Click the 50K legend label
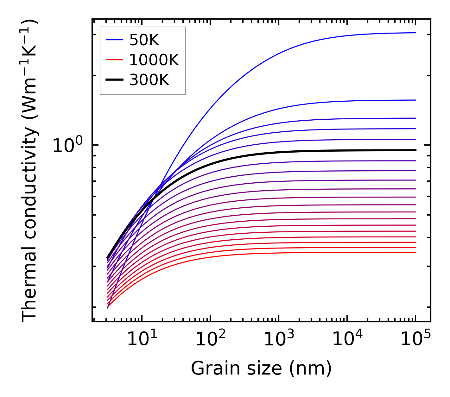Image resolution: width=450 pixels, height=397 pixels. tap(144, 40)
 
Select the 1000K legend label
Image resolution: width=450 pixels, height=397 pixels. tap(154, 60)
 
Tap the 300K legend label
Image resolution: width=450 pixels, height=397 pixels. tap(149, 80)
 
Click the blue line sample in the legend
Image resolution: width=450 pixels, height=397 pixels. tap(114, 40)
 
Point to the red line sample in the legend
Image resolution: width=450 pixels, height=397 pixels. tap(114, 60)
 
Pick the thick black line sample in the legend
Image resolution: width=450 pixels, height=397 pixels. tap(114, 80)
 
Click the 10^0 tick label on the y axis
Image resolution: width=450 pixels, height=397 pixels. tap(67, 146)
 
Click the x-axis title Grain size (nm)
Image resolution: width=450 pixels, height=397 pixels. tap(261, 369)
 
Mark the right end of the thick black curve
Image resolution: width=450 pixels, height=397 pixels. tap(415, 150)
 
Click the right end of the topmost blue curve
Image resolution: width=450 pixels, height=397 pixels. tap(415, 33)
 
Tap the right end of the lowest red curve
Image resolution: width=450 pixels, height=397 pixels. tap(415, 252)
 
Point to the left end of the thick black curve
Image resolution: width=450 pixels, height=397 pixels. tap(108, 258)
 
